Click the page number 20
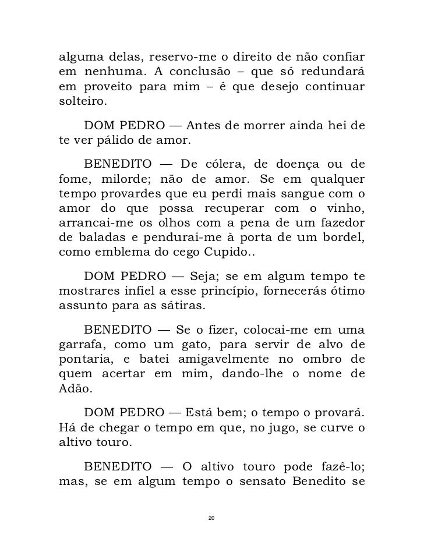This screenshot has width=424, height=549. point(211,518)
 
